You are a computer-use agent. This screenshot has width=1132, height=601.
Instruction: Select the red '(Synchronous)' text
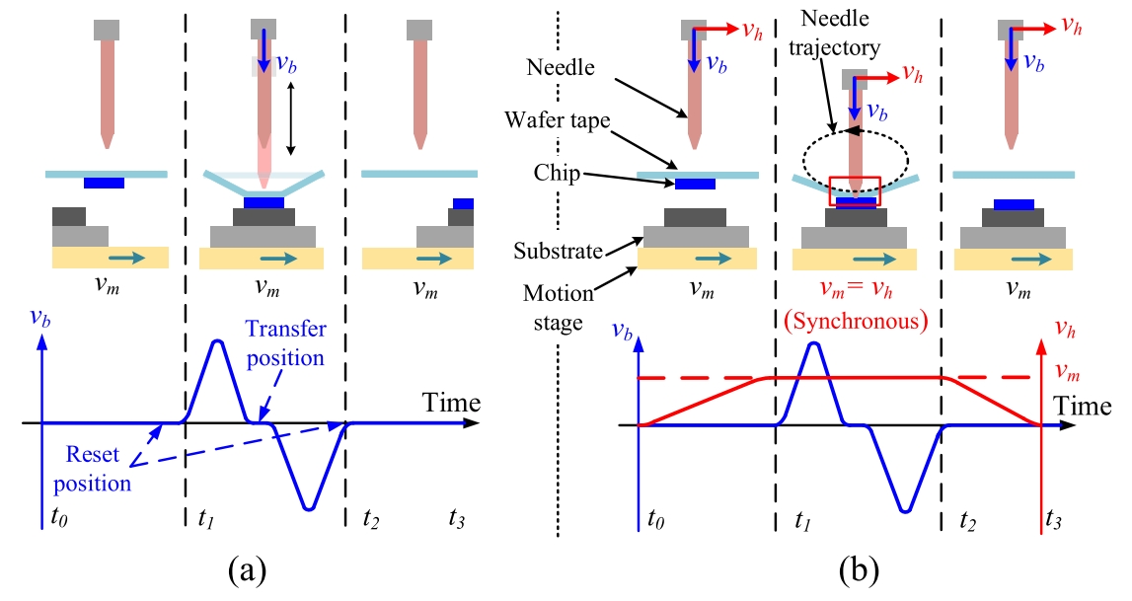[x=856, y=321]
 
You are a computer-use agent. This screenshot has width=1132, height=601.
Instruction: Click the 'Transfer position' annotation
[x=285, y=343]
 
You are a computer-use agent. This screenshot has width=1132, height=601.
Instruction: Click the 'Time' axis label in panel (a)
[x=451, y=403]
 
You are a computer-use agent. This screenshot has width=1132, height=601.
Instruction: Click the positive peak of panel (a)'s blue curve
[x=217, y=341]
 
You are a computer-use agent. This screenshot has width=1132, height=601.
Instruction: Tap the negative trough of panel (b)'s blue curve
[x=904, y=510]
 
